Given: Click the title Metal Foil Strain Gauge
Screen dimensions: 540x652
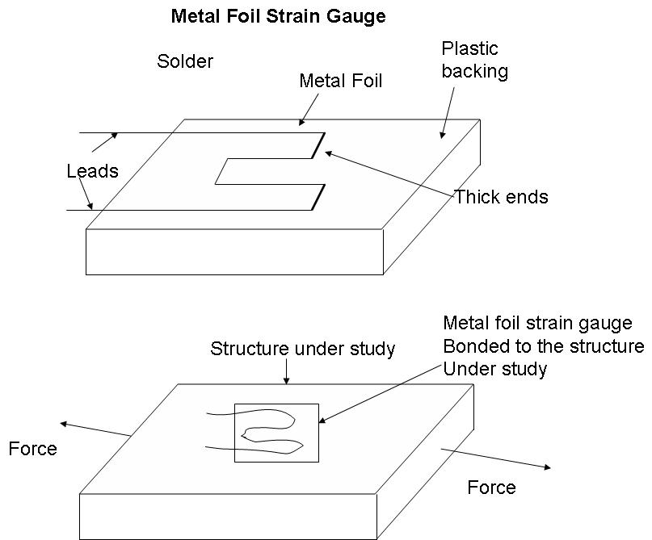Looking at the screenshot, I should pyautogui.click(x=278, y=16).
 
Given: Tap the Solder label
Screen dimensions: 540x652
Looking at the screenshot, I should pyautogui.click(x=185, y=61).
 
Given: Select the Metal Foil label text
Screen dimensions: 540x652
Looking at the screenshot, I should pyautogui.click(x=340, y=81).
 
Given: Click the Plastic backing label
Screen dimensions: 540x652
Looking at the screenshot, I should pyautogui.click(x=474, y=61).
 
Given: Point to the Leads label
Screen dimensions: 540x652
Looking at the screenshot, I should pyautogui.click(x=92, y=171).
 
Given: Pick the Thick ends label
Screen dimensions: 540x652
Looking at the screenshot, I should pyautogui.click(x=501, y=196).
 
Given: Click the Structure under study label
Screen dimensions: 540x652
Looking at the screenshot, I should pyautogui.click(x=302, y=349).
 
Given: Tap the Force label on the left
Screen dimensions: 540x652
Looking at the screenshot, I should pyautogui.click(x=33, y=449).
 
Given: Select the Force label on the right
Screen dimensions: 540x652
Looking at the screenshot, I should pyautogui.click(x=491, y=487).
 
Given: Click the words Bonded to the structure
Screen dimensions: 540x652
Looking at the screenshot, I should pyautogui.click(x=543, y=346).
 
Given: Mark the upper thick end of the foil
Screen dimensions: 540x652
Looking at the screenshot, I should pyautogui.click(x=318, y=143).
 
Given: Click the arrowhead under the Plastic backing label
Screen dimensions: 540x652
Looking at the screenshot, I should pyautogui.click(x=442, y=135).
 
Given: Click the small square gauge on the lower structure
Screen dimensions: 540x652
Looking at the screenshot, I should pyautogui.click(x=276, y=433).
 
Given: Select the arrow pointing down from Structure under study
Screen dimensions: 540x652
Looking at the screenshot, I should pyautogui.click(x=286, y=372).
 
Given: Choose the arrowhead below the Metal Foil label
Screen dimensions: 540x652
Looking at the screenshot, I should pyautogui.click(x=301, y=123).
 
